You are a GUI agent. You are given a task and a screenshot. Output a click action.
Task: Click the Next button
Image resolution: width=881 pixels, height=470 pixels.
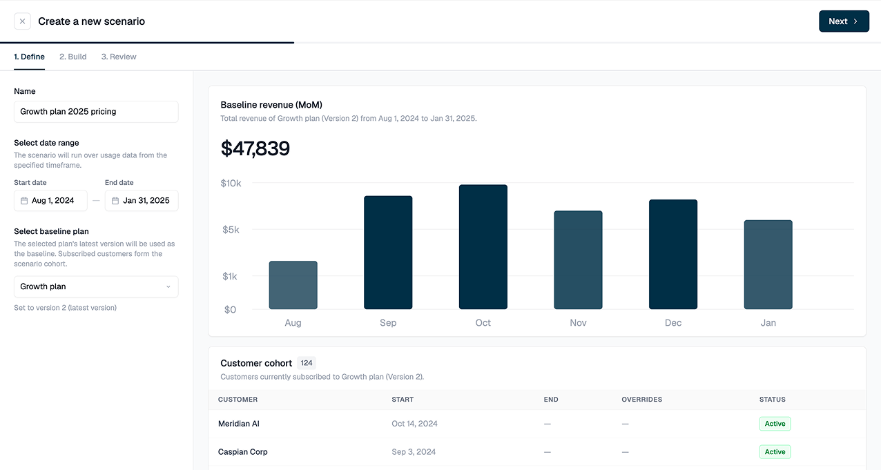coord(844,21)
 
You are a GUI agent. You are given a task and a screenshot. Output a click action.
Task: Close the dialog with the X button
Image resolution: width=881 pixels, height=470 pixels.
coord(22,21)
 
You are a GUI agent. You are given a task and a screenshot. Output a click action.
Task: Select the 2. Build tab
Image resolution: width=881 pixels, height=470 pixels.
coord(72,57)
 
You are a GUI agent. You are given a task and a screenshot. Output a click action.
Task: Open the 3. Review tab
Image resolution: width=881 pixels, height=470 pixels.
coord(119,57)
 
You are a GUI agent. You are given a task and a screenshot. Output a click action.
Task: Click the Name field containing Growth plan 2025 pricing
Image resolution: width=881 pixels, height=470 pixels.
coord(96,112)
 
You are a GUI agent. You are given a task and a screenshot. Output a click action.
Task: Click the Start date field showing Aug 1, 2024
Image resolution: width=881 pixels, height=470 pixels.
coord(50,201)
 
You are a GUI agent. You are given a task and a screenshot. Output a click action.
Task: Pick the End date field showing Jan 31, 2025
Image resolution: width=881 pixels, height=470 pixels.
coord(142,201)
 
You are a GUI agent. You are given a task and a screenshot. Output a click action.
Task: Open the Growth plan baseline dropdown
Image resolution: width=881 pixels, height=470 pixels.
coord(96,286)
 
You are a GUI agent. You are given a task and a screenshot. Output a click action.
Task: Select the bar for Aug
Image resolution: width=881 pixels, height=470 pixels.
coord(293,285)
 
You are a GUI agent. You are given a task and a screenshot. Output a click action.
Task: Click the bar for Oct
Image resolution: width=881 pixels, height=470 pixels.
coord(483,247)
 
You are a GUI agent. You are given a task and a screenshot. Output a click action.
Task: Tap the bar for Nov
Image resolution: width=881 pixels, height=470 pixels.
coord(578,260)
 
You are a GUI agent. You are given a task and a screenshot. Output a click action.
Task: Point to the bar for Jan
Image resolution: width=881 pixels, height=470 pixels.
coord(768,265)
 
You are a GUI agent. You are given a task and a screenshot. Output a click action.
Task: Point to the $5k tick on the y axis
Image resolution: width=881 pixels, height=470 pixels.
coord(231,230)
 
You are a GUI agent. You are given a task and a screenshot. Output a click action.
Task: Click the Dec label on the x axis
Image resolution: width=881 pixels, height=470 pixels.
coord(673,323)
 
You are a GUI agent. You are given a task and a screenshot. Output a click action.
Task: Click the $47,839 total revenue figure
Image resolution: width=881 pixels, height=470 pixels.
coord(255,148)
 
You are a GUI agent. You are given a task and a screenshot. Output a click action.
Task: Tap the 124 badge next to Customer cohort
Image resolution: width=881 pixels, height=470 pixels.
coord(307,363)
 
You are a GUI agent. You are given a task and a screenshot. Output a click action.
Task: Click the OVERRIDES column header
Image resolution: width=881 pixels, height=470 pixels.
coord(642,400)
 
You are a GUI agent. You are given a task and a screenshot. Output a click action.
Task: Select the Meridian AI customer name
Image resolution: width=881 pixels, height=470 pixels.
coord(239,424)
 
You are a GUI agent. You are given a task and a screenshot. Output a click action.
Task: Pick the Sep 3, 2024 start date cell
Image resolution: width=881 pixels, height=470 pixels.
coord(414,452)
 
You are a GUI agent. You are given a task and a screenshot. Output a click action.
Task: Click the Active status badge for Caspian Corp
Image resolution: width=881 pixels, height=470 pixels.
coord(775,452)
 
